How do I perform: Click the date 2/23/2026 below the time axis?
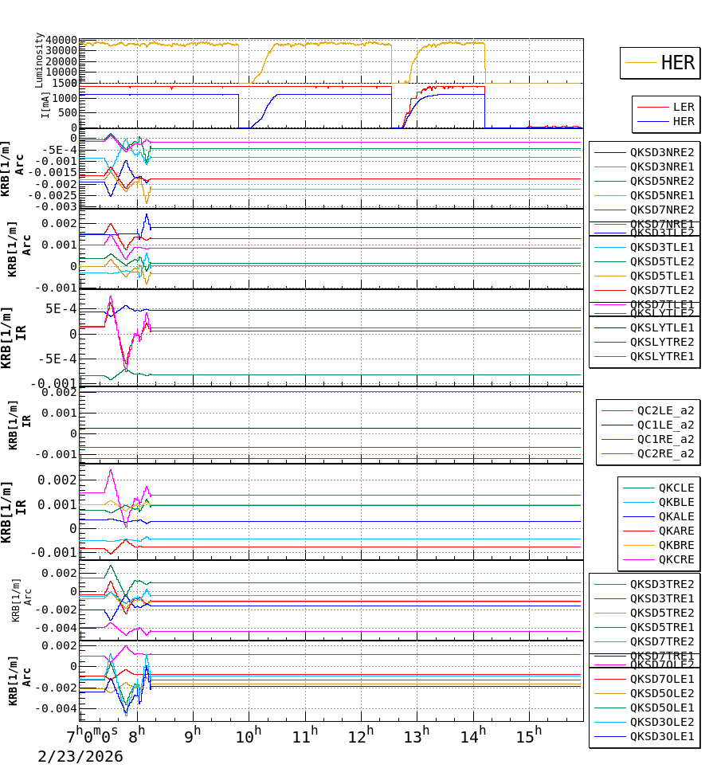point(80,756)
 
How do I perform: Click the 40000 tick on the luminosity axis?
point(61,41)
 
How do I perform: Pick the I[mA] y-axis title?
point(46,103)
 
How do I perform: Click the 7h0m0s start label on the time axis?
point(92,733)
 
